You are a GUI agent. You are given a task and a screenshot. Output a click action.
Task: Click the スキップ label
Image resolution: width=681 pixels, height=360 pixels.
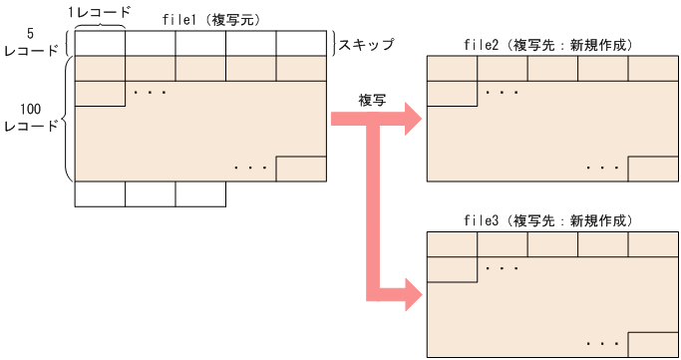(366, 45)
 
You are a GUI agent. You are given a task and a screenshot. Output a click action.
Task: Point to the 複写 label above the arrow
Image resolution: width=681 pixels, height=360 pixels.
(373, 101)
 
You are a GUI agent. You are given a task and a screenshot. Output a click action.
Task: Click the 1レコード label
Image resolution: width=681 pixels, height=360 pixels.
(99, 11)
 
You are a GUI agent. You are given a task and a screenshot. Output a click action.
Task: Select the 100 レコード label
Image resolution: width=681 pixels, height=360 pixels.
(30, 118)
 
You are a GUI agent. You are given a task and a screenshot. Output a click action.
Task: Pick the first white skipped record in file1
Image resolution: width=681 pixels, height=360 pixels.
(100, 44)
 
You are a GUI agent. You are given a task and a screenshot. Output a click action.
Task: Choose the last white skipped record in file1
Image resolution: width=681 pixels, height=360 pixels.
(301, 44)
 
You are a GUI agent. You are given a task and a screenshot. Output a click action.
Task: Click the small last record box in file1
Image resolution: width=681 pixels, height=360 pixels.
(301, 169)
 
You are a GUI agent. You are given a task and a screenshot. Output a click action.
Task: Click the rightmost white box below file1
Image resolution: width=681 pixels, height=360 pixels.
(200, 193)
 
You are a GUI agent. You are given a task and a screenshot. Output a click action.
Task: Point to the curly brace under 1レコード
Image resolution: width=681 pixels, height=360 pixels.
(100, 26)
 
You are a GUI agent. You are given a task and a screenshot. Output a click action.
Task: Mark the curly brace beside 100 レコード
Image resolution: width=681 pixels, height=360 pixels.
(67, 119)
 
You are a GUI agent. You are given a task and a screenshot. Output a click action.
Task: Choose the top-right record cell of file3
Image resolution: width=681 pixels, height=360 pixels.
(653, 243)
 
